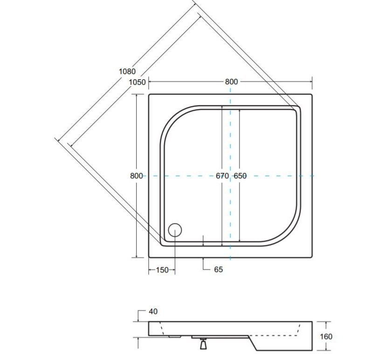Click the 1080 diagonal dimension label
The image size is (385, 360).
point(127,71)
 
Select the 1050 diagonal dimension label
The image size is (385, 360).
point(137,82)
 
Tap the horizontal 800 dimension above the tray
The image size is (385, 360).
point(231,82)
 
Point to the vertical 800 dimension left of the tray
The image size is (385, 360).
point(136,176)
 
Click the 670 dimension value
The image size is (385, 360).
point(222,176)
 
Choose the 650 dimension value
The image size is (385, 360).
point(240,176)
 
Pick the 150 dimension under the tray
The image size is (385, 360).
point(162,270)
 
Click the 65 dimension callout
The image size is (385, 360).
point(219,270)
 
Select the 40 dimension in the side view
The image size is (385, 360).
point(153,312)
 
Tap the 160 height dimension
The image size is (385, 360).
point(326,336)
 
